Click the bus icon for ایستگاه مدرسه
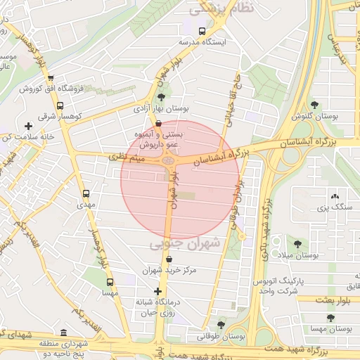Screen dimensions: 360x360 [x=202, y=31]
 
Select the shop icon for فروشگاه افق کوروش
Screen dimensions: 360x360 [x=50, y=78]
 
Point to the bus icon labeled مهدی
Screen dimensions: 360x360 [x=86, y=193]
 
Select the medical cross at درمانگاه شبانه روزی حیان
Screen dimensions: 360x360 [x=157, y=291]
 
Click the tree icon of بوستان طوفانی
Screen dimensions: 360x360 [x=221, y=325]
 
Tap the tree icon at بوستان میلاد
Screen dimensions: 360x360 [x=297, y=244]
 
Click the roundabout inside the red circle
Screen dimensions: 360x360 [x=169, y=161]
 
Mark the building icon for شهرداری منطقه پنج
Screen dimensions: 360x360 [x=64, y=333]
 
